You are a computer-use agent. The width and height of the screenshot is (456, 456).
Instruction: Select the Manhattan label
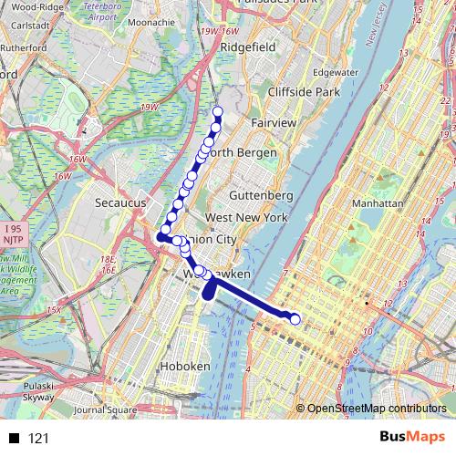point(376,204)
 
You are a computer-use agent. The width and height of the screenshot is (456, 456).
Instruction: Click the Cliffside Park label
point(304,92)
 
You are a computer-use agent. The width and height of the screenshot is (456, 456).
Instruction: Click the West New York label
point(246,218)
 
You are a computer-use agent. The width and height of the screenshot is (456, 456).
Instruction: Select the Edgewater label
point(335,72)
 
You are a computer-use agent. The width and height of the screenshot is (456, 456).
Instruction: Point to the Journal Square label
point(98,409)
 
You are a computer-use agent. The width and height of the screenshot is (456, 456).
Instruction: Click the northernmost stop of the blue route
point(218,113)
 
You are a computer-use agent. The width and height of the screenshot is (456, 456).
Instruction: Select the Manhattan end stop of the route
point(295,318)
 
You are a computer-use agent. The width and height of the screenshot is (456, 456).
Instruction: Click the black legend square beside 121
point(14,439)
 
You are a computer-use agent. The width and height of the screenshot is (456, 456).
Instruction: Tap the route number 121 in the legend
point(38,439)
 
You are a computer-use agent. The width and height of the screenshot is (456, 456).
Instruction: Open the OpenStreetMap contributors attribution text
point(377,409)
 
